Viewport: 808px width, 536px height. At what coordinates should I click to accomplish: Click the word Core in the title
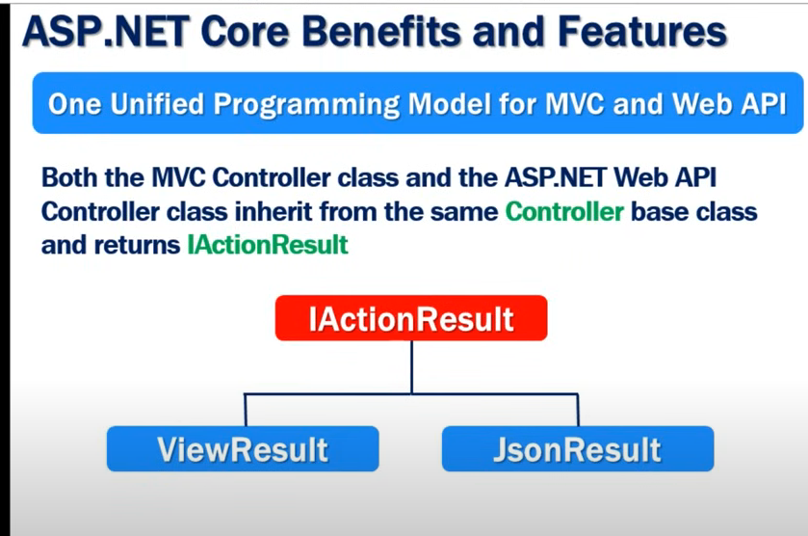pos(246,31)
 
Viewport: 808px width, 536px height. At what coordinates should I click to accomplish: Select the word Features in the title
pos(642,31)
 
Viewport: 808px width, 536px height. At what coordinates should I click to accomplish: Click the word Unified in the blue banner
pos(157,104)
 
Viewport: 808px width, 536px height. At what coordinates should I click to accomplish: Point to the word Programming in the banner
pos(306,105)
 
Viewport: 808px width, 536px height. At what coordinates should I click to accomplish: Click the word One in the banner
pos(75,104)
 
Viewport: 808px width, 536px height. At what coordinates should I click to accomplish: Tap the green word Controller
pos(564,211)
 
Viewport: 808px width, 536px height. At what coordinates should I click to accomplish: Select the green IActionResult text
pos(268,245)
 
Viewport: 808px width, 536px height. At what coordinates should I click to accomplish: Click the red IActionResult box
pos(411,318)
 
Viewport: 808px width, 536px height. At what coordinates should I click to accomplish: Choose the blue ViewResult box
pos(243,448)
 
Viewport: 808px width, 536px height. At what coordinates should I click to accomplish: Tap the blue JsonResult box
pos(578,448)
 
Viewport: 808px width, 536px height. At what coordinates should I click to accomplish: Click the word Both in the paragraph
pos(68,178)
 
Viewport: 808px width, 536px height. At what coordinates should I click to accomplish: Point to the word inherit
pos(274,211)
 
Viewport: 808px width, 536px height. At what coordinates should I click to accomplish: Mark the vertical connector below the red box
pos(412,367)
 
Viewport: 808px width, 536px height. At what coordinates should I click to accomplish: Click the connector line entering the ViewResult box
pos(246,410)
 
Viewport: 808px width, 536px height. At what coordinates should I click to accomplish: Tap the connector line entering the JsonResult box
pos(578,410)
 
